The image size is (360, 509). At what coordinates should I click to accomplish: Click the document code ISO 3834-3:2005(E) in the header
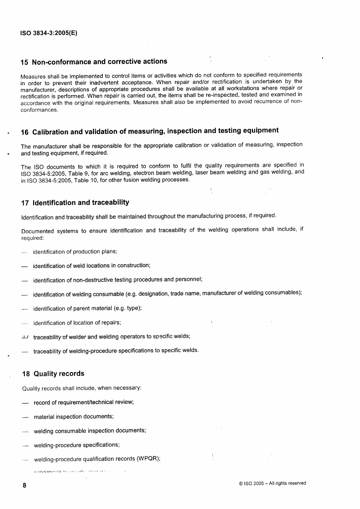tap(49, 33)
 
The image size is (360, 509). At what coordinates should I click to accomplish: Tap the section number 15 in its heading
tap(24, 62)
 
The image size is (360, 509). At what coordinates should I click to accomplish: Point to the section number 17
tap(25, 203)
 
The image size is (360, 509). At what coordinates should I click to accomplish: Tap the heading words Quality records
tap(59, 374)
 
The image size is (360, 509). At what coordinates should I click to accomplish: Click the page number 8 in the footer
tap(24, 485)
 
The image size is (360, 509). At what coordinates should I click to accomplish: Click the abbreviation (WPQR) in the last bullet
tap(148, 459)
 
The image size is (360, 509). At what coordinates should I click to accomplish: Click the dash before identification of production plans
tap(24, 252)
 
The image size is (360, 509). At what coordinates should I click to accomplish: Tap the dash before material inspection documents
tap(25, 418)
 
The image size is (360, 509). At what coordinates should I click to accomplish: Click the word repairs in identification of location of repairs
tap(111, 323)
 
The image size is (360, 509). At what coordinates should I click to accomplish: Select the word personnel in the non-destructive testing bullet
tap(188, 279)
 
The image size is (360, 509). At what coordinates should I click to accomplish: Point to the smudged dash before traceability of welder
tap(25, 337)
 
